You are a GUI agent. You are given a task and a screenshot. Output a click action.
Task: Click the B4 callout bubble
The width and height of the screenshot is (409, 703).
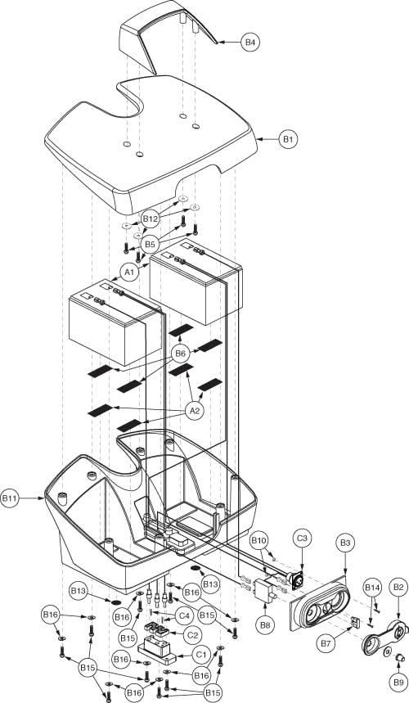click(x=250, y=41)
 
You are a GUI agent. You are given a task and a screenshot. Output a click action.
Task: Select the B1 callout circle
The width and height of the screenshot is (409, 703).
click(x=287, y=140)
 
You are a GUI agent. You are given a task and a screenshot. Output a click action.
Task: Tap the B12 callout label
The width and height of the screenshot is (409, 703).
click(x=150, y=219)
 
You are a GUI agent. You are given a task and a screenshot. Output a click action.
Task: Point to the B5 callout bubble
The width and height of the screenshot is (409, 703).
click(x=150, y=244)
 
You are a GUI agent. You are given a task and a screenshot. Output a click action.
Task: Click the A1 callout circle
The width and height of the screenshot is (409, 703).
click(x=128, y=271)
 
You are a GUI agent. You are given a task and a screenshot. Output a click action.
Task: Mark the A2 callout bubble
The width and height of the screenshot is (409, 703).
click(x=196, y=412)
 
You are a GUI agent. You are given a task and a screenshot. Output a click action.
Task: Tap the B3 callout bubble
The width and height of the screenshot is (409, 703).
click(x=344, y=543)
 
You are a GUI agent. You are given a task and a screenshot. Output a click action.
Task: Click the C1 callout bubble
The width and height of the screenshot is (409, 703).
click(x=200, y=654)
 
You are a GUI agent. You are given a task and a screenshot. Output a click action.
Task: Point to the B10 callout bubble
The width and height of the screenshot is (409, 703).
click(x=259, y=541)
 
